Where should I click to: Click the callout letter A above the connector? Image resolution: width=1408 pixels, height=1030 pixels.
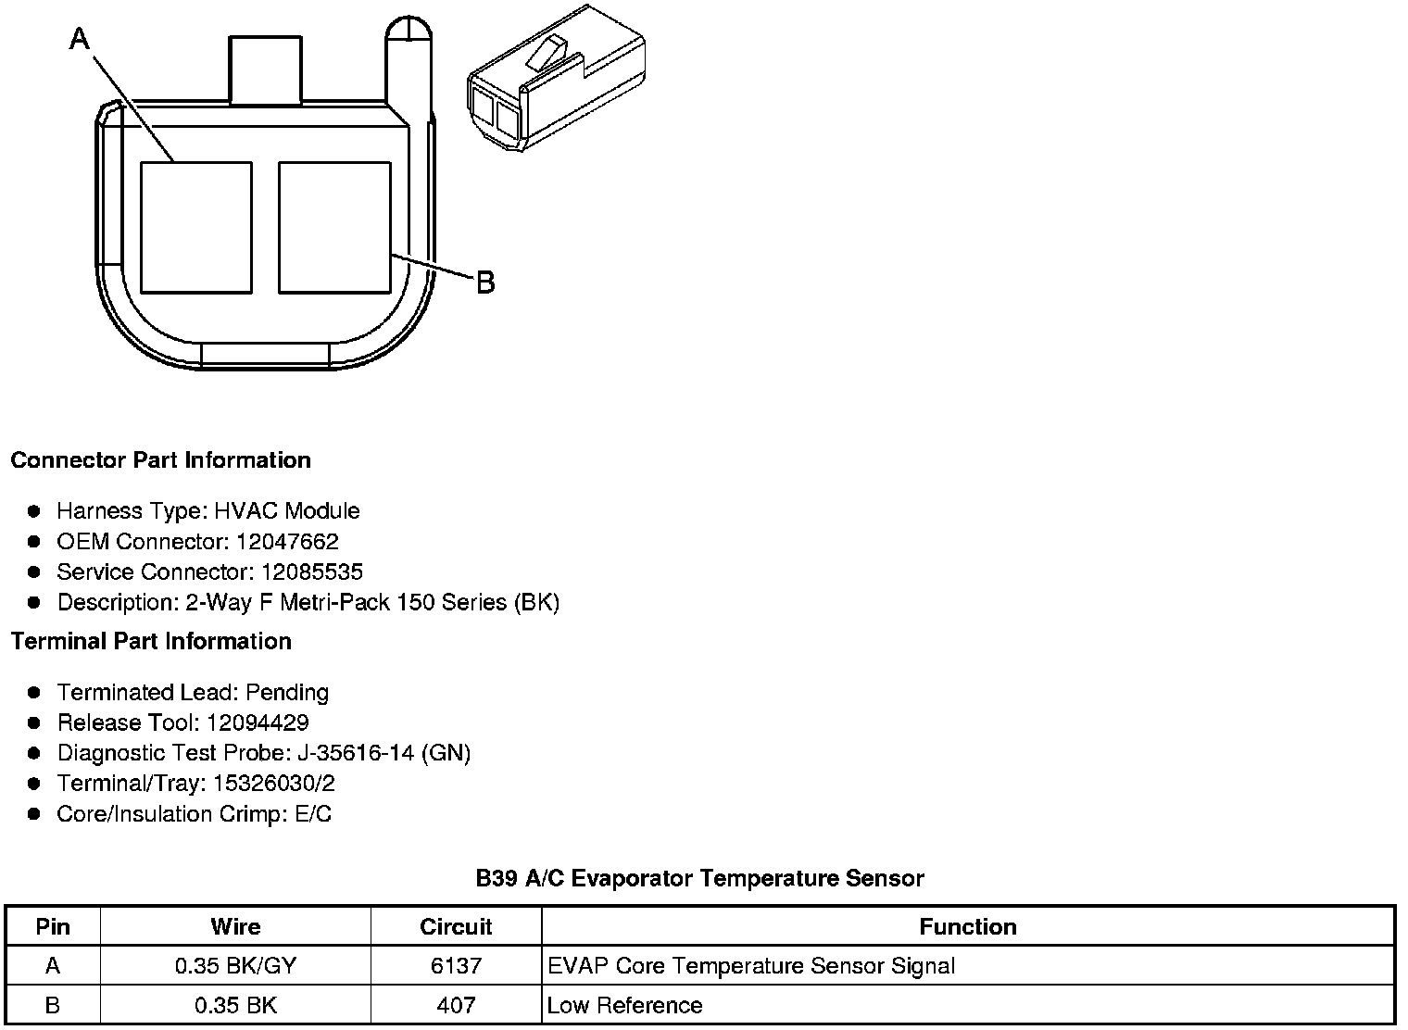tap(80, 40)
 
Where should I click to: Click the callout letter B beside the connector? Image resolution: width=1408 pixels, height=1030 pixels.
tap(485, 283)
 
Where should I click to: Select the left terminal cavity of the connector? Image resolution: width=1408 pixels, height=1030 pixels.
tap(196, 228)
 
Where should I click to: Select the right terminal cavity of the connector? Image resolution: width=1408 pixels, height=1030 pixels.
tap(334, 228)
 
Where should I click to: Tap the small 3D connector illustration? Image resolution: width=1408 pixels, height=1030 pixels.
tap(556, 78)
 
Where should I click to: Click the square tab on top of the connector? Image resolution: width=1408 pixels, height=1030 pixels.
tap(265, 69)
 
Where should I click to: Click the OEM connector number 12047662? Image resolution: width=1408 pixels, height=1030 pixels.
tap(287, 542)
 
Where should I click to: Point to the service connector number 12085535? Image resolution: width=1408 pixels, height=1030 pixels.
tap(312, 572)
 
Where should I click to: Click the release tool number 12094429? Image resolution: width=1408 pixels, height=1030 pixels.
tap(258, 722)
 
